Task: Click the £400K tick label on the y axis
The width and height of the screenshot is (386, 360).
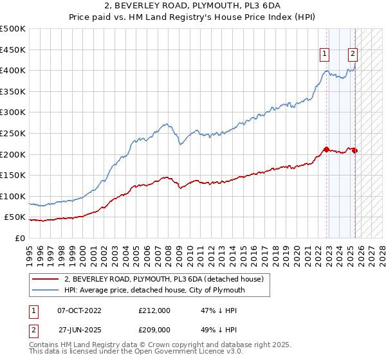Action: [x=13, y=70]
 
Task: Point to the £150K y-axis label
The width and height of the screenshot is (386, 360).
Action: [x=13, y=175]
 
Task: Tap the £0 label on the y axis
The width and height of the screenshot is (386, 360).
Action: [x=20, y=238]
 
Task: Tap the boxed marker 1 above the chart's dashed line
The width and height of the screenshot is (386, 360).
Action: [x=325, y=55]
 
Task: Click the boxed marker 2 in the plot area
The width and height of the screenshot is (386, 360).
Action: [x=353, y=55]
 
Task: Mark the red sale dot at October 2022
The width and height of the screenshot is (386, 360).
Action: [x=326, y=149]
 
